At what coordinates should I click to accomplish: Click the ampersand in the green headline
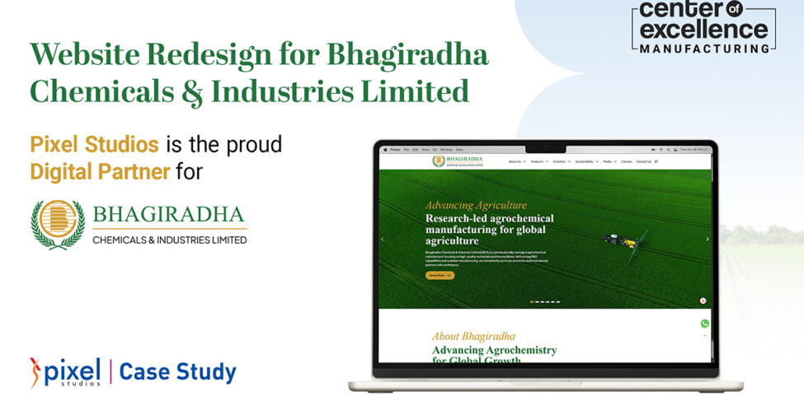(192, 91)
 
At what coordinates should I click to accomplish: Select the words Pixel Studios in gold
(94, 145)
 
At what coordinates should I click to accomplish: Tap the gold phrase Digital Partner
(100, 172)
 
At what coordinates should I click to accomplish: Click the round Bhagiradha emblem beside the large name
(58, 224)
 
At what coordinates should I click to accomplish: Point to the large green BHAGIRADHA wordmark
(169, 215)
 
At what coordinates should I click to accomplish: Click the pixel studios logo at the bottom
(65, 371)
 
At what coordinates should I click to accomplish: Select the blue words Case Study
(177, 372)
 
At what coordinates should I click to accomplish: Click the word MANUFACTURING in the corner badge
(704, 49)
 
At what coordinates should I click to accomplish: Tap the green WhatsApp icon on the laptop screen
(704, 324)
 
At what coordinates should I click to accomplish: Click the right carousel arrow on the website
(707, 239)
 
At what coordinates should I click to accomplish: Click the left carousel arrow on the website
(382, 239)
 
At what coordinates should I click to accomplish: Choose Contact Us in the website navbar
(643, 161)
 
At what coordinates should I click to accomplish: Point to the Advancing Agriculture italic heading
(476, 205)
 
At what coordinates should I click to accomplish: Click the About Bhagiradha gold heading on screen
(473, 336)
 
